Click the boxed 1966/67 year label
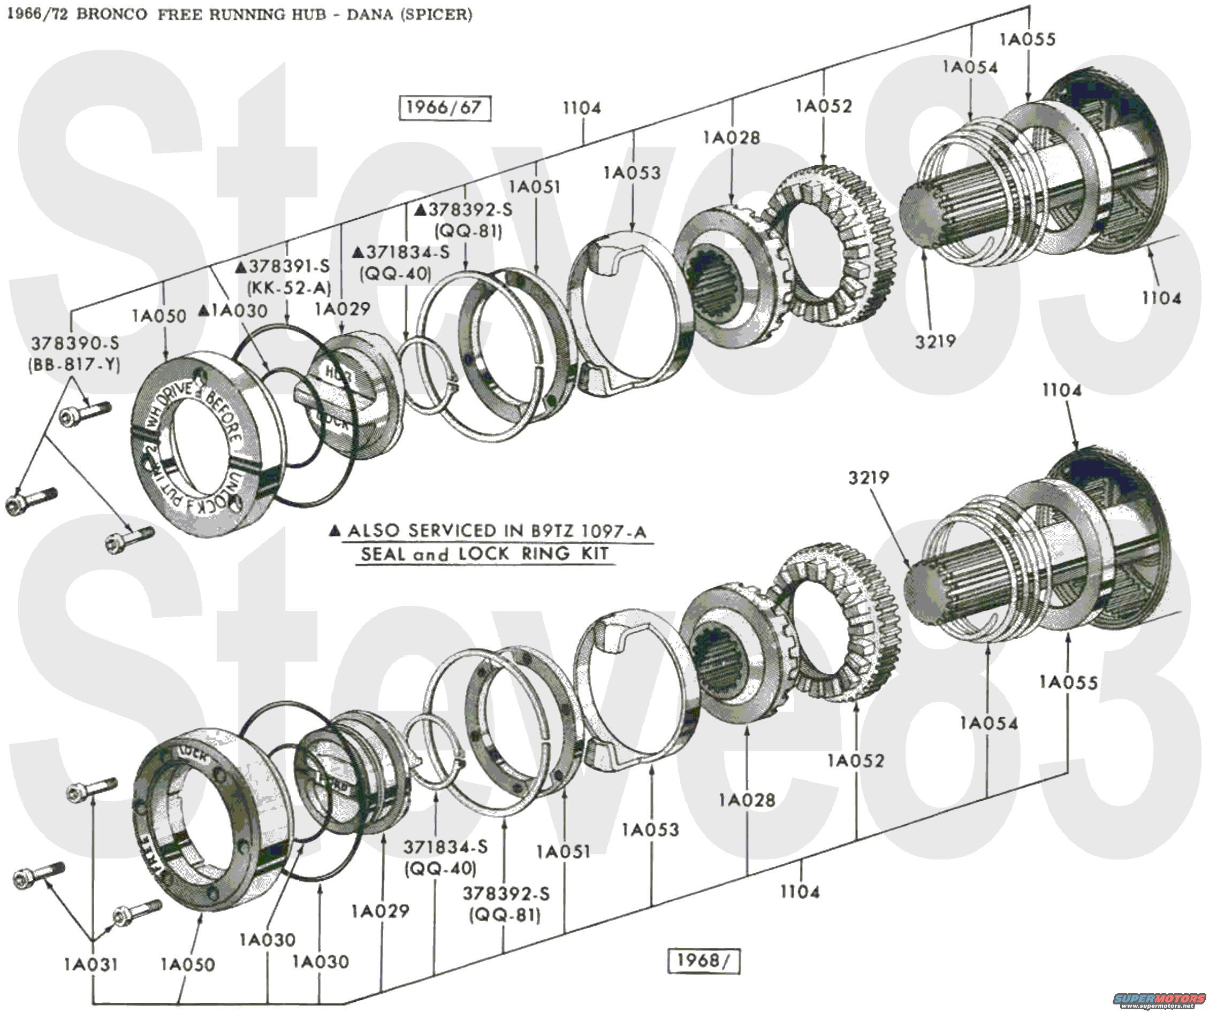444,108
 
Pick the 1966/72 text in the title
36,14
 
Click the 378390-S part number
75,343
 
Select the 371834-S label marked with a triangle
401,252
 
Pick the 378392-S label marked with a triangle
463,210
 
